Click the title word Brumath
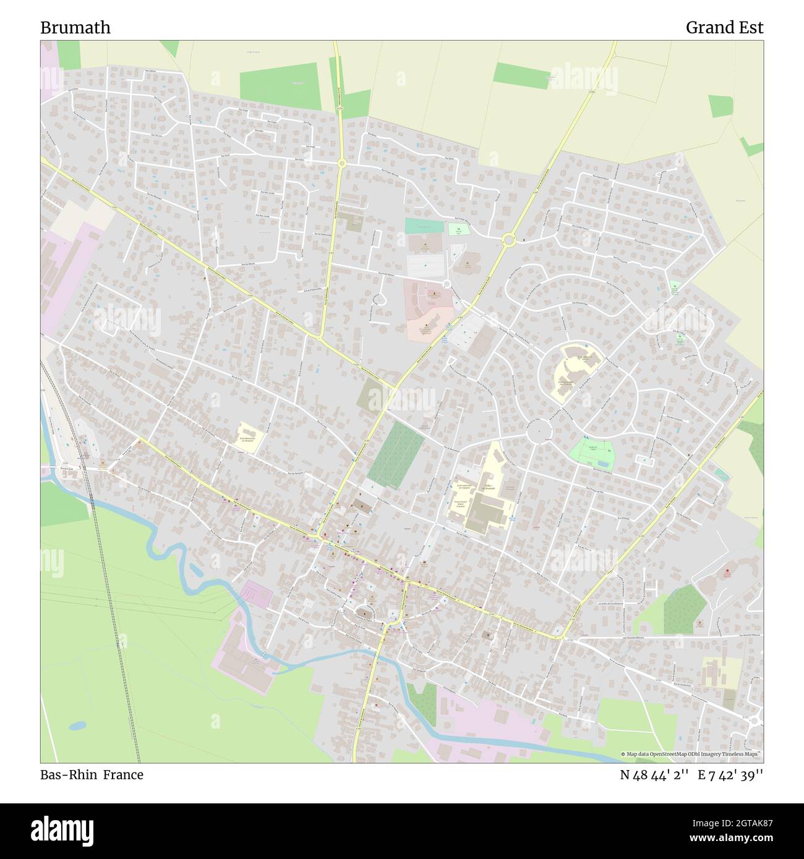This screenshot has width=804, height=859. (75, 27)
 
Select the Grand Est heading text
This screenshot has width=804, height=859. (724, 27)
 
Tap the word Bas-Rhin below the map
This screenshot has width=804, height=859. (68, 775)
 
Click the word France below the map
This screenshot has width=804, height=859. (123, 775)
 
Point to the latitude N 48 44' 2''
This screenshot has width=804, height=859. (654, 775)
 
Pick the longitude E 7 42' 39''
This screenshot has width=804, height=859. (730, 775)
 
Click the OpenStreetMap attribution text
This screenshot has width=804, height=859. (692, 754)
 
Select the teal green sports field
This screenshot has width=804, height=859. (424, 226)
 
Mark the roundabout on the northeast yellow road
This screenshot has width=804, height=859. (509, 239)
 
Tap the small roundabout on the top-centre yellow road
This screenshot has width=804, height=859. (341, 163)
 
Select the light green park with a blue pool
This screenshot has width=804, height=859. (591, 454)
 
